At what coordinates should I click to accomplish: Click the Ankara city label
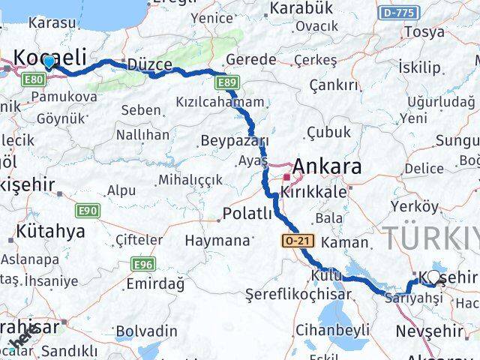[329, 166]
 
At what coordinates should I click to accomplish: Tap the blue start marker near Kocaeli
[49, 62]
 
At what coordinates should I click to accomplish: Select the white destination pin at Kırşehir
[433, 277]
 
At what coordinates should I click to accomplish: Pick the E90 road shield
[87, 211]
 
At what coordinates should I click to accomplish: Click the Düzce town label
[150, 64]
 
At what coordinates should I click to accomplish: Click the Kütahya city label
[50, 231]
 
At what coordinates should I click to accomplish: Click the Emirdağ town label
[155, 283]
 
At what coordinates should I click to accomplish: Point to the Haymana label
[217, 241]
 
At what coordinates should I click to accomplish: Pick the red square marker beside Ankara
[286, 177]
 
